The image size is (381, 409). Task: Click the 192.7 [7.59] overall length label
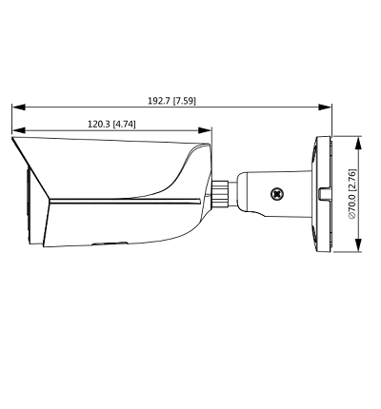[x=171, y=100]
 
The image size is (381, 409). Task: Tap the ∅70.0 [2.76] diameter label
[x=351, y=194]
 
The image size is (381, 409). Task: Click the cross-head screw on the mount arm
[x=277, y=193]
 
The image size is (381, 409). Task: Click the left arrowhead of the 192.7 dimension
[x=16, y=107]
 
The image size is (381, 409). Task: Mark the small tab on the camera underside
[x=100, y=243]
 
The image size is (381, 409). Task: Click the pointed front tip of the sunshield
[x=13, y=140]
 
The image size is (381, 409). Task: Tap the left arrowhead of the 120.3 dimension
[x=16, y=131]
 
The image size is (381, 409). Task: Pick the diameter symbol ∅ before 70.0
[x=351, y=218]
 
